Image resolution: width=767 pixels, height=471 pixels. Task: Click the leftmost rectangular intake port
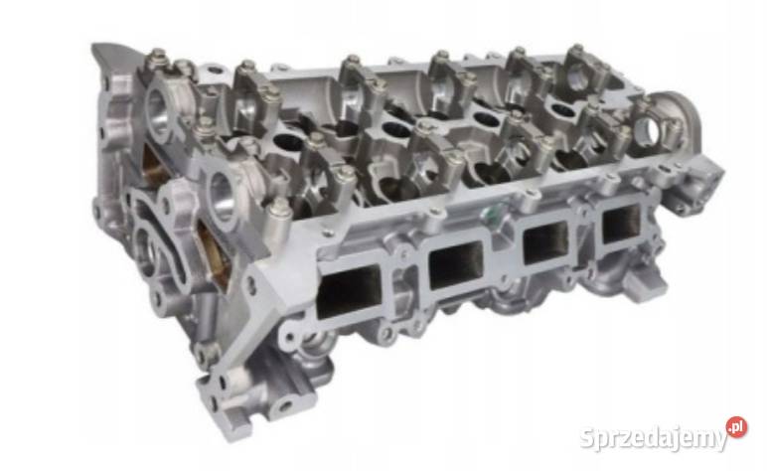[349, 290]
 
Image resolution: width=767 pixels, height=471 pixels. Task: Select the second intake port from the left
[455, 264]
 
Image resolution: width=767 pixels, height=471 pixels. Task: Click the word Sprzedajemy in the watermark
[654, 439]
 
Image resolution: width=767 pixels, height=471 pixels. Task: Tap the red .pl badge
[736, 427]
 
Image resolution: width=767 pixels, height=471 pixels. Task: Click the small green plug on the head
[490, 212]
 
